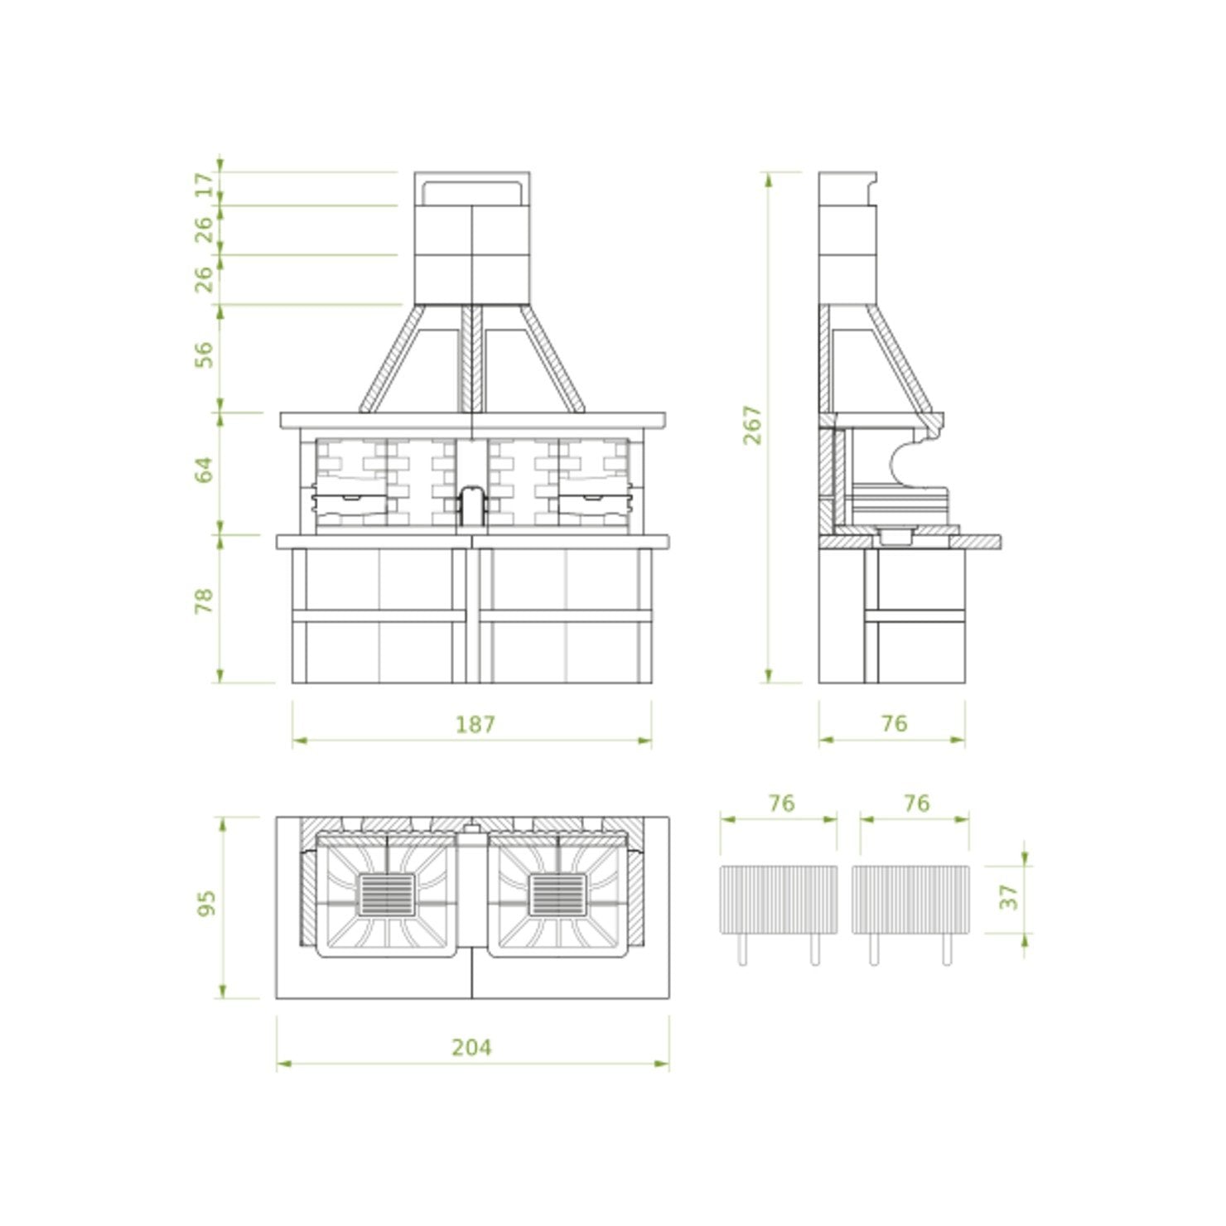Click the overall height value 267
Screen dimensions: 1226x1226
pos(752,425)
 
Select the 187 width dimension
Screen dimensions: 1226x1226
pos(475,725)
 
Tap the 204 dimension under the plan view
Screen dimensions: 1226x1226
pos(471,1048)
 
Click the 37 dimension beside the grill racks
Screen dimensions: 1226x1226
pos(1008,897)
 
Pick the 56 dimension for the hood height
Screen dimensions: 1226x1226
pos(203,355)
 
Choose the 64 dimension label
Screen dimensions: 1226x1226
pos(203,470)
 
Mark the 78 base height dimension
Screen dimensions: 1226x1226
pos(203,601)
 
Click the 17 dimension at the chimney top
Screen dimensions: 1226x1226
pos(203,185)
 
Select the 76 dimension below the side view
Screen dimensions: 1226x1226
pos(894,724)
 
